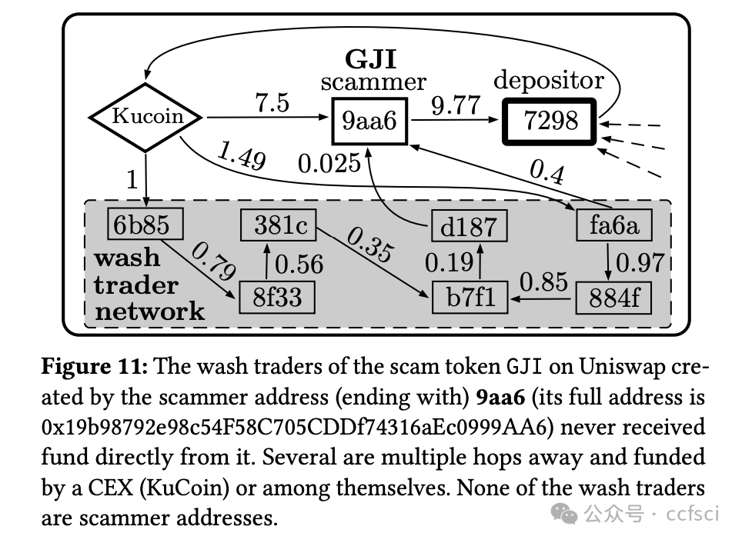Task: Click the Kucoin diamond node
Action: coord(147,116)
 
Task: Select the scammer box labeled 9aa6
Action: coord(369,121)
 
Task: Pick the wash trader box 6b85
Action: coord(146,224)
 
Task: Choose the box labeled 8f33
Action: coord(278,296)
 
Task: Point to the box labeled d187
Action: coord(469,227)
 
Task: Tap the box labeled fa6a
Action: coord(613,225)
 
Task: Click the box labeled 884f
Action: coord(613,297)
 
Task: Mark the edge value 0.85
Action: coord(543,281)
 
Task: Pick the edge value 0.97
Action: coord(640,262)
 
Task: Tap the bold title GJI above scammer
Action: coord(371,59)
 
